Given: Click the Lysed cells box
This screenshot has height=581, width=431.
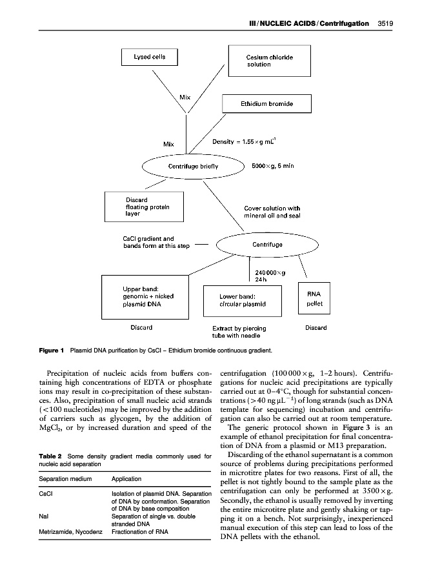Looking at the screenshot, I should tap(150, 57).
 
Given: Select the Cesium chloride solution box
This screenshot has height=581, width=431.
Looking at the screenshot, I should tap(269, 61).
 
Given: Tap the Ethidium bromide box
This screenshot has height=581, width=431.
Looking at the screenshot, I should tap(266, 103).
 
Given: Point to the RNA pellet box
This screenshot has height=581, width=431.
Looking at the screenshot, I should tap(314, 298).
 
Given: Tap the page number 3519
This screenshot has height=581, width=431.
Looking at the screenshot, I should tap(383, 24).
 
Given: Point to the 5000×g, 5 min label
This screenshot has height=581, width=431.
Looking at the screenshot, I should tap(272, 167).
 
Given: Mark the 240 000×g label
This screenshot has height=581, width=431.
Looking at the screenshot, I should tap(271, 273).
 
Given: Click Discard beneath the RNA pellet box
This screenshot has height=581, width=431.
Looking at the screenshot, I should tap(316, 328).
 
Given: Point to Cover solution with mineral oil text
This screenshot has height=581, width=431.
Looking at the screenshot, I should tap(272, 212).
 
